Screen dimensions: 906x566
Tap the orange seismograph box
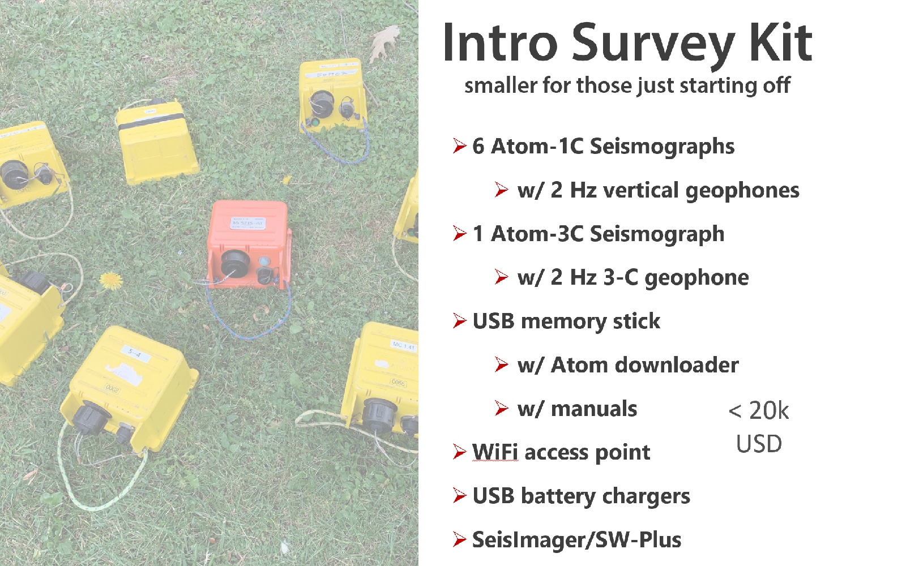[x=249, y=245]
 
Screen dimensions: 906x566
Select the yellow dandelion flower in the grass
[x=111, y=281]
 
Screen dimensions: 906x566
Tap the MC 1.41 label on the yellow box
[x=403, y=346]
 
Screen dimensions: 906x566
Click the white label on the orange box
[x=248, y=223]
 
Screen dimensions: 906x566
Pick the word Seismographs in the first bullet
[x=662, y=147]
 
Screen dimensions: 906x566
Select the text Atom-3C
[x=537, y=234]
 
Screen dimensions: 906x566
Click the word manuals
[x=594, y=409]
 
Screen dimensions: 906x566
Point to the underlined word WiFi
[x=495, y=452]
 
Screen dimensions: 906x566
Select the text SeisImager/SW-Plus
[x=577, y=540]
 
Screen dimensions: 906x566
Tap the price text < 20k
[x=758, y=411]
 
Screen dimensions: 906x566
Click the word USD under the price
[x=759, y=444]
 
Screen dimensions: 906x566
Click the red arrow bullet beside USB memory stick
[x=460, y=321]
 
